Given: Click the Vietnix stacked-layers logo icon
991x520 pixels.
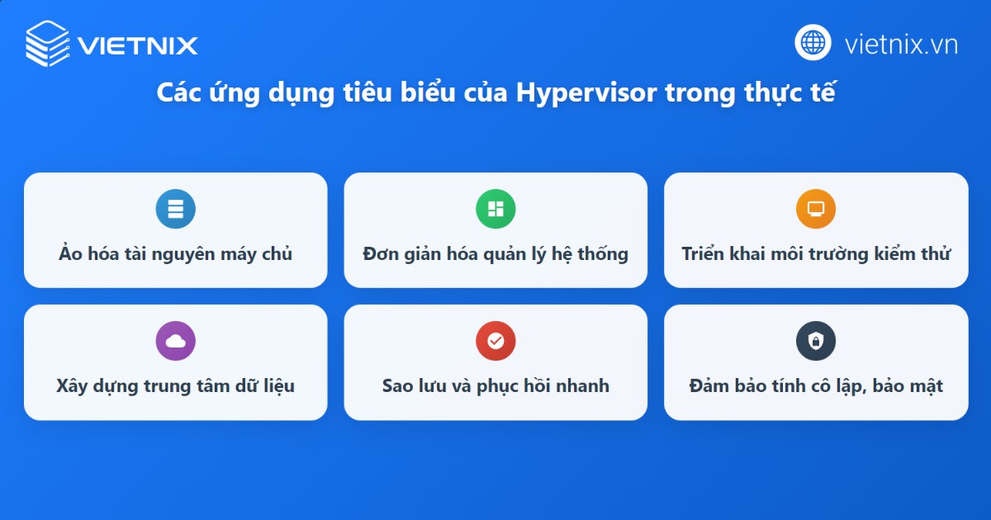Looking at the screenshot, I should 48,43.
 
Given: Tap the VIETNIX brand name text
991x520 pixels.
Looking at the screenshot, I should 138,44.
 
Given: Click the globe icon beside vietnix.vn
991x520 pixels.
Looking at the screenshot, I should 813,43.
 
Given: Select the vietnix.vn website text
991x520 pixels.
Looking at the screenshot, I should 901,44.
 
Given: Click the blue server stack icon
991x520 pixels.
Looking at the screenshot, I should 175,209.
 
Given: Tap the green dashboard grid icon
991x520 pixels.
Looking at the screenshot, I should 495,209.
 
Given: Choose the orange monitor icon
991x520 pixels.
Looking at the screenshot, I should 816,209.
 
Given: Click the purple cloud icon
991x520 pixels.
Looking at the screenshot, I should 175,341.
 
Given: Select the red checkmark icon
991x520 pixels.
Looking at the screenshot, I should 495,341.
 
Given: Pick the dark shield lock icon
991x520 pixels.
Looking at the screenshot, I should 816,341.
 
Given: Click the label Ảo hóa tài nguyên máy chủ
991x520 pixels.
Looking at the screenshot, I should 175,253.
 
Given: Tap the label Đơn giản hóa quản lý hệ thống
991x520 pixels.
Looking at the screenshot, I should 495,253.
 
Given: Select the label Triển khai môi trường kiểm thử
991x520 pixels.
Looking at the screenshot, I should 816,253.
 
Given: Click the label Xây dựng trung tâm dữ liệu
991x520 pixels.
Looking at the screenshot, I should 175,385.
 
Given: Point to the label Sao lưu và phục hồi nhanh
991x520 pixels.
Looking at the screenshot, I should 495,385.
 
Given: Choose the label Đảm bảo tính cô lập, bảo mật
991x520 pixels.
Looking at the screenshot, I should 816,385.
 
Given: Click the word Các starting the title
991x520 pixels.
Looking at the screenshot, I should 178,93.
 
